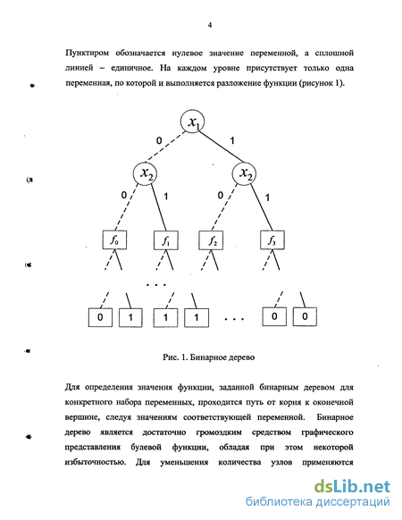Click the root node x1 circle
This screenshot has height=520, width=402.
pos(192,122)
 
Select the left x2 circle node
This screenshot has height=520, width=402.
pos(145,173)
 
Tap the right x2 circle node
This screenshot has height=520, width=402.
pos(244,173)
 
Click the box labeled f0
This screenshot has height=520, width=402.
pos(114,240)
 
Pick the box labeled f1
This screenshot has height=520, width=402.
pos(166,240)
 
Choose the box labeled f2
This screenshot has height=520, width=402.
pos(211,240)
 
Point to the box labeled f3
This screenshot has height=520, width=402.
pos(272,240)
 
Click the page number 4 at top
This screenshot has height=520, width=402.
pos(210,25)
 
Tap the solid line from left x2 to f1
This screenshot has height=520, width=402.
pos(159,207)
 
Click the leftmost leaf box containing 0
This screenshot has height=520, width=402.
pos(100,318)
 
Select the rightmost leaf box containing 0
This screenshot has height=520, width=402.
pos(305,316)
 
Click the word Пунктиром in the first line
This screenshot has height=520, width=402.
pos(87,54)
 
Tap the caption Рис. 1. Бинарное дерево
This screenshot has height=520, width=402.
pos(209,357)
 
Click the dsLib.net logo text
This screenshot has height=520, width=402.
pos(352,487)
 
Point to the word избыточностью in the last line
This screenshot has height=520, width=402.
pos(96,462)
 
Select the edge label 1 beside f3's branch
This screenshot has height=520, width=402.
pos(267,198)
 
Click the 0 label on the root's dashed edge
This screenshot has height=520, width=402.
pos(159,141)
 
